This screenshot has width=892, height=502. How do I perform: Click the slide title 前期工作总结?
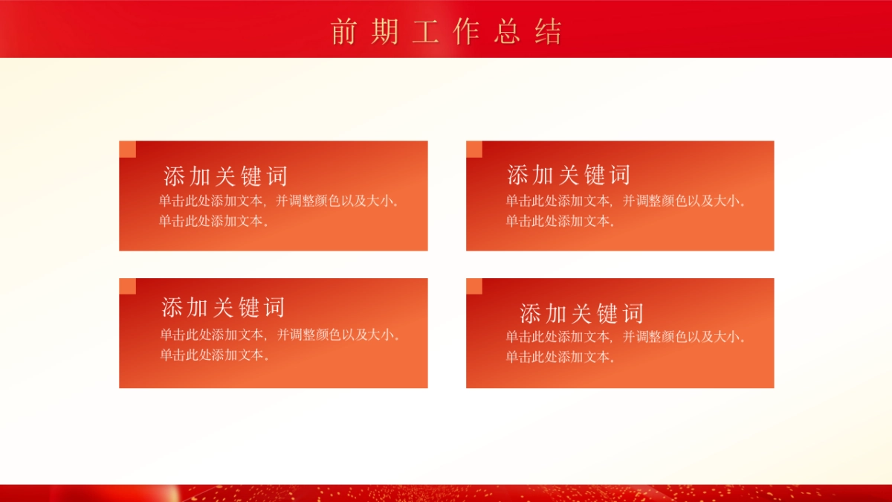[446, 32]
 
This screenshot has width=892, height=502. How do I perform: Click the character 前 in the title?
[344, 32]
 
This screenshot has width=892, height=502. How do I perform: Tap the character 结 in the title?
[548, 32]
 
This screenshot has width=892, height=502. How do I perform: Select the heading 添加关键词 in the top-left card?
[225, 176]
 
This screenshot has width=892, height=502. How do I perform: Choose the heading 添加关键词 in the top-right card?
[569, 175]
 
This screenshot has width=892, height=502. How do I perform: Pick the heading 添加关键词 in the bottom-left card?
[223, 307]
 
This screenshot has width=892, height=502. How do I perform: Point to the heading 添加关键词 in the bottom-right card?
[581, 313]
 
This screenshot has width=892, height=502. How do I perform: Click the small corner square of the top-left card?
[128, 149]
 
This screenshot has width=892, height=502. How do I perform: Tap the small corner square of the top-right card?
[474, 149]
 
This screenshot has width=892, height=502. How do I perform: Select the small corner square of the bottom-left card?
[128, 286]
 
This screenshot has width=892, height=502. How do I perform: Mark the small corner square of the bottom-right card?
[474, 286]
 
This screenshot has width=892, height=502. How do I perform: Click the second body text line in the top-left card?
[213, 221]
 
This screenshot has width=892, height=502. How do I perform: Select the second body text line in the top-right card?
[560, 221]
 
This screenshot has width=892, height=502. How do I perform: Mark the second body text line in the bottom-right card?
[560, 357]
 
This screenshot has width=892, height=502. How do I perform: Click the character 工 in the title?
[425, 32]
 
